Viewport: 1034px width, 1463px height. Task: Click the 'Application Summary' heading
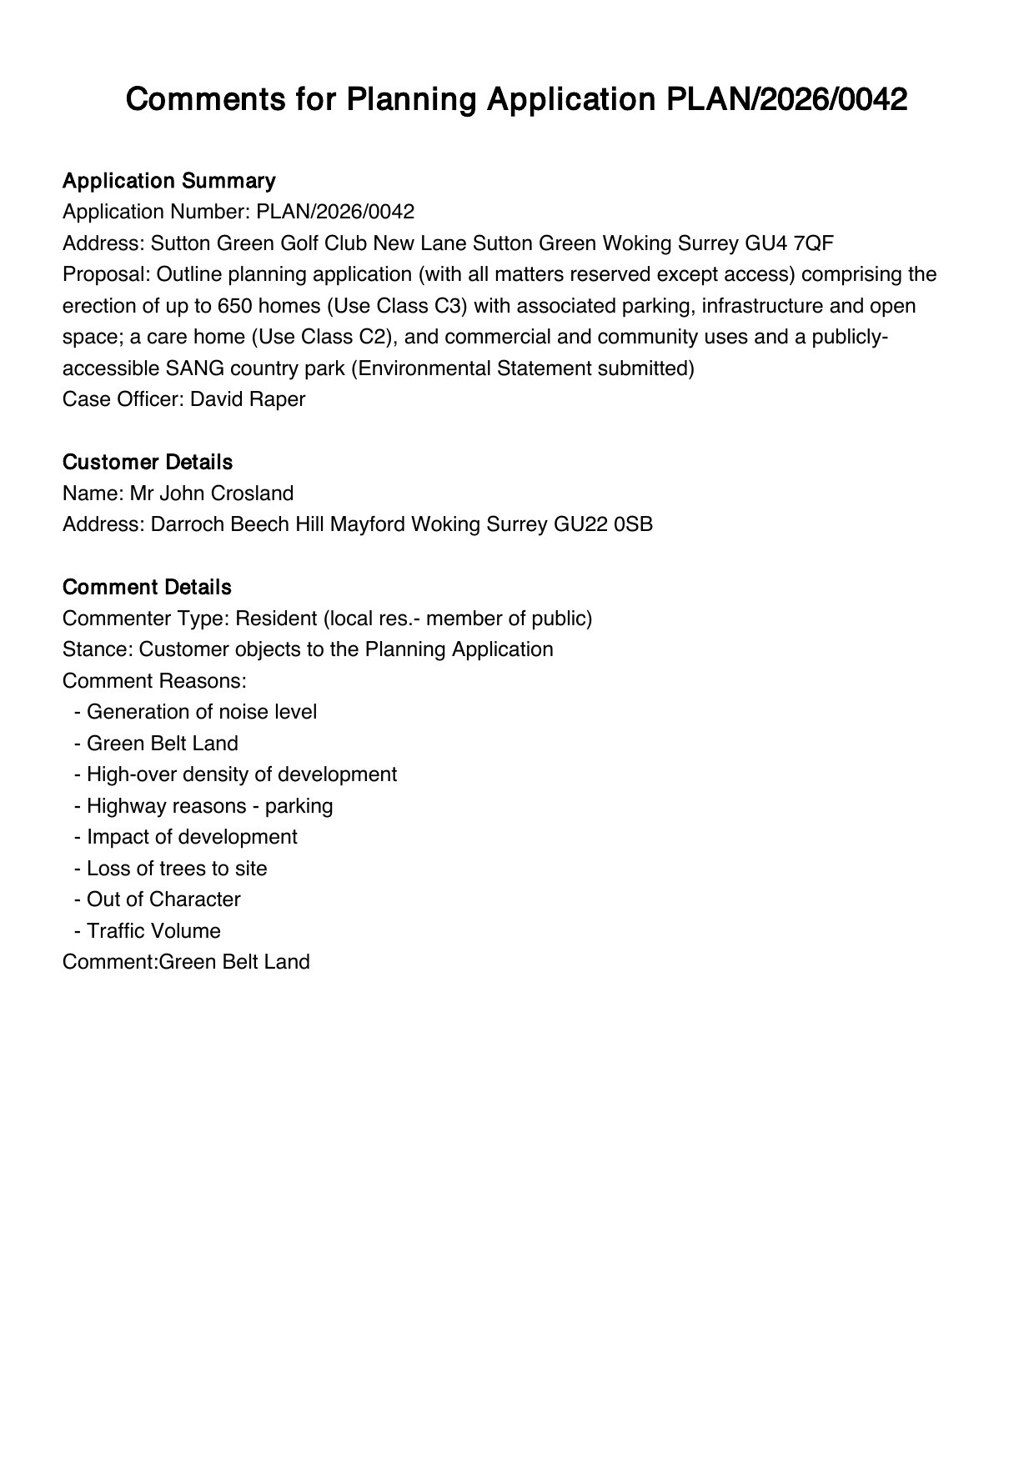pyautogui.click(x=168, y=181)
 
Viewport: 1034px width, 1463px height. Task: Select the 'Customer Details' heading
pyautogui.click(x=147, y=462)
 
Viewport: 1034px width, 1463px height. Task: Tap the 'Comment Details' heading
pyautogui.click(x=146, y=587)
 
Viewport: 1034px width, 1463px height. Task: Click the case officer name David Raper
pyautogui.click(x=248, y=399)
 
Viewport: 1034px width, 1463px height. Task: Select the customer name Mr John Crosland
pyautogui.click(x=211, y=494)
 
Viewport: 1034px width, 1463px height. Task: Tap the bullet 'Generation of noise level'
pyautogui.click(x=201, y=712)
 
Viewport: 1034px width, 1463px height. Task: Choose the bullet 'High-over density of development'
pyautogui.click(x=241, y=774)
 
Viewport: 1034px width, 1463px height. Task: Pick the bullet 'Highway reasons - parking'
pyautogui.click(x=209, y=806)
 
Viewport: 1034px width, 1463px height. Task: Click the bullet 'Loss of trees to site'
pyautogui.click(x=177, y=869)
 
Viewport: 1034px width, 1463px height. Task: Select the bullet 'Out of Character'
pyautogui.click(x=163, y=899)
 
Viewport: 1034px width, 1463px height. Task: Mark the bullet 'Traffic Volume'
pyautogui.click(x=153, y=931)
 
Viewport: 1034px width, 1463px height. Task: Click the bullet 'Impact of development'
pyautogui.click(x=192, y=837)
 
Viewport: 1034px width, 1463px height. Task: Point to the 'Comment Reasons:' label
pyautogui.click(x=154, y=681)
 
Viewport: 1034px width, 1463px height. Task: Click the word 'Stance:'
pyautogui.click(x=98, y=649)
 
